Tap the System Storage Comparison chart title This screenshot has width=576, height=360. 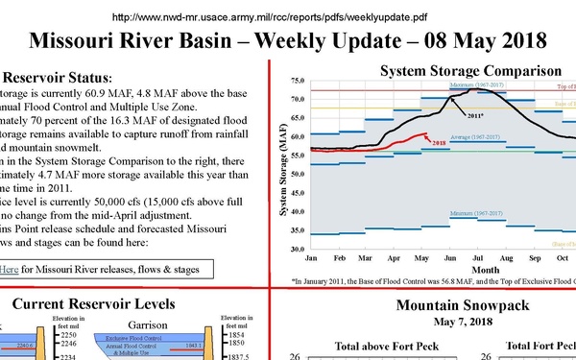(470, 71)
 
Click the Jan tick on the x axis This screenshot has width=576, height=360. (310, 259)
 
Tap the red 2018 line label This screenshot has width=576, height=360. (438, 141)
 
